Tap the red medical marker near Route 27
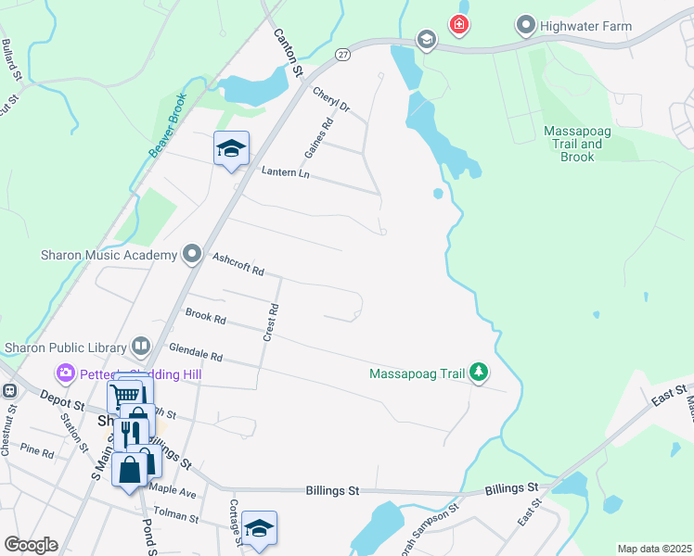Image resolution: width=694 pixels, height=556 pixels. point(458,25)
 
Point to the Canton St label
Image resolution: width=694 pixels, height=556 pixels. point(289,52)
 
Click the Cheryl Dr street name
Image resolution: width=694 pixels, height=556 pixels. point(331,100)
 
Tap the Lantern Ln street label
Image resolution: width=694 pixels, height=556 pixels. point(284,172)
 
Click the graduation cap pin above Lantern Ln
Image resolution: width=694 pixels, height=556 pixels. point(231,148)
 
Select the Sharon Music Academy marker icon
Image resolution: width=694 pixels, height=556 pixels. point(192,254)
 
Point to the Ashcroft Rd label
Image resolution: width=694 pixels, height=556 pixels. point(238,265)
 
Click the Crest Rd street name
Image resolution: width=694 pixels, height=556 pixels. point(271,322)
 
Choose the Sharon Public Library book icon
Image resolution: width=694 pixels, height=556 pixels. point(141,347)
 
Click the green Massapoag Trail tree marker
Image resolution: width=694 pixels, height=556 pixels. point(479,373)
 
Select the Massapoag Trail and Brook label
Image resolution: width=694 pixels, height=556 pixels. point(576,145)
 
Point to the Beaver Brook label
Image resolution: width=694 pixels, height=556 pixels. point(168,122)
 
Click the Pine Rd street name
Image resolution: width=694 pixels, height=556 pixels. point(37,451)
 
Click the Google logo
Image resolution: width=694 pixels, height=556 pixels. point(31,544)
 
